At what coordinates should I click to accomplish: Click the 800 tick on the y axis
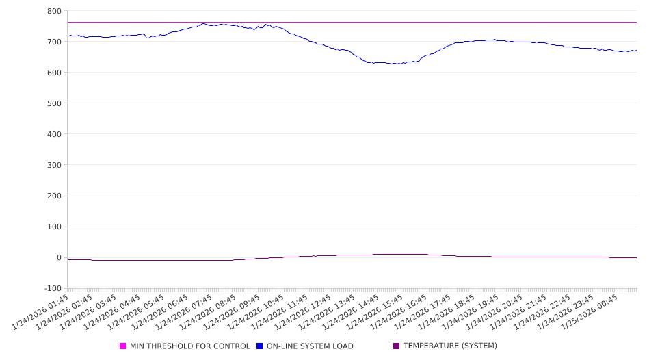[54, 11]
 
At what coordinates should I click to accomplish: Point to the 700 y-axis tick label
[54, 42]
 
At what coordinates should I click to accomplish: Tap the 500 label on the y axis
[54, 103]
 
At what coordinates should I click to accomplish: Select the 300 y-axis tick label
[54, 165]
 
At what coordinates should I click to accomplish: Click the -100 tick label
[52, 288]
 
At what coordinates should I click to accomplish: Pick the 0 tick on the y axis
[58, 257]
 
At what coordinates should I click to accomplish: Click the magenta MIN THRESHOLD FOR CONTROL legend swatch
[123, 346]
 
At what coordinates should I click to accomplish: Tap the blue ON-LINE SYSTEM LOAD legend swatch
[260, 346]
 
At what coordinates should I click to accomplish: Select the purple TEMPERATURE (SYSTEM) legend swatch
[397, 346]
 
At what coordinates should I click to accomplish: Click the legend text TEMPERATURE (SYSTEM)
[450, 346]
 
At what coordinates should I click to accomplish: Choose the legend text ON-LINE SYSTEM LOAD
[310, 346]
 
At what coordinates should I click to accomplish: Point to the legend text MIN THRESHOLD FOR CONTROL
[190, 346]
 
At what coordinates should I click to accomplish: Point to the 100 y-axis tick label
[54, 227]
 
